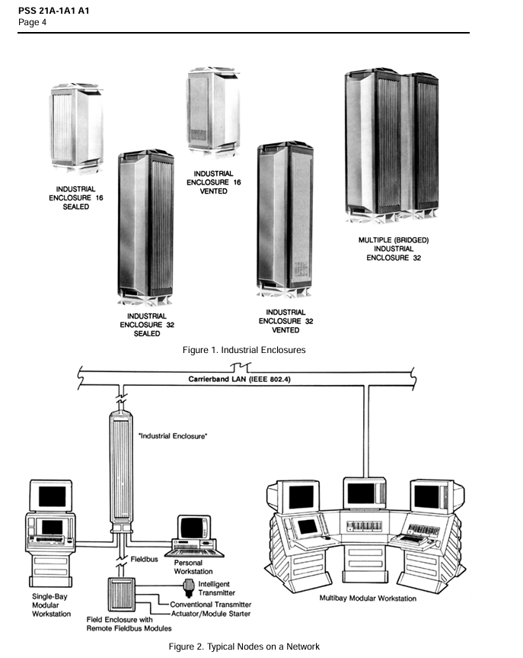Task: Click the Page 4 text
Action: click(33, 21)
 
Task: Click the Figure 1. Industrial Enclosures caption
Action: click(244, 349)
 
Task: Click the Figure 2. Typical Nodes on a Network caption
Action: click(244, 647)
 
